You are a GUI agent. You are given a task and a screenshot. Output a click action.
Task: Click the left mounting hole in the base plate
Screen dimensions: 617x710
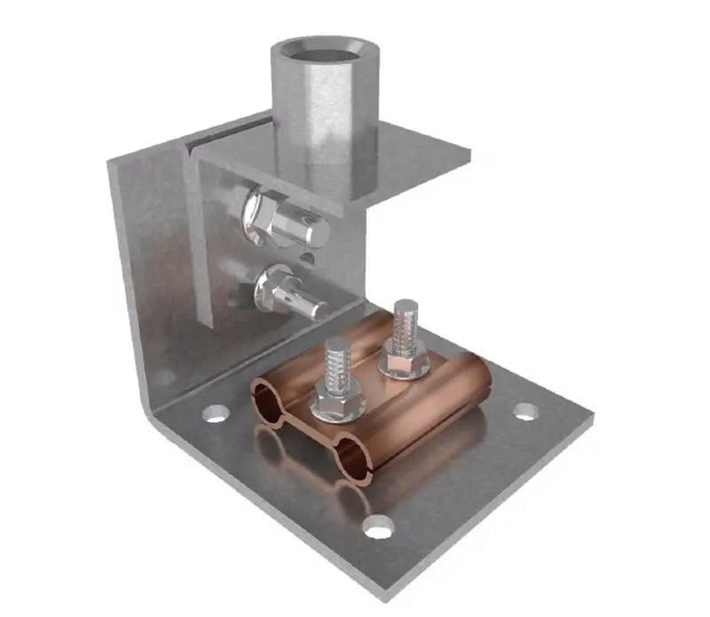coord(213,412)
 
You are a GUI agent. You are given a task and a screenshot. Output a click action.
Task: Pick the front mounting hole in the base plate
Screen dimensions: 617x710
coord(378,530)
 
